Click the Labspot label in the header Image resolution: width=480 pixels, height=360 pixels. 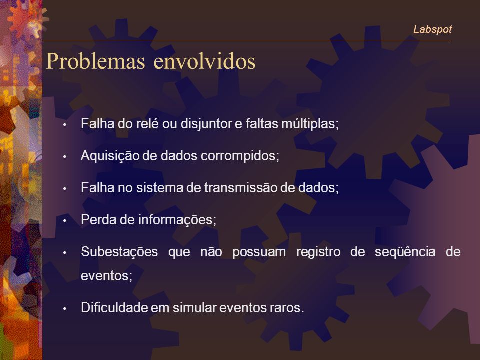432,29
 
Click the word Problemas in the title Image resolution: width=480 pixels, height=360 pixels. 95,61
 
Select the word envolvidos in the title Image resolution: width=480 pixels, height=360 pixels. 204,61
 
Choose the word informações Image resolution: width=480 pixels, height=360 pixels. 177,220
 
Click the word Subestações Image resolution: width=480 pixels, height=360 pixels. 119,252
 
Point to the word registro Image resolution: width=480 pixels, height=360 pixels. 318,252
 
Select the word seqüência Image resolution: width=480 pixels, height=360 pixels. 405,252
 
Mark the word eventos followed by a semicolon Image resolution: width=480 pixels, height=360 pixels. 106,276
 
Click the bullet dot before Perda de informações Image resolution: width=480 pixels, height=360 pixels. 64,220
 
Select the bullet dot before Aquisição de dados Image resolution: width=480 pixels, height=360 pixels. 64,156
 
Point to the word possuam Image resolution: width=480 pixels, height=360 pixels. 259,252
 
